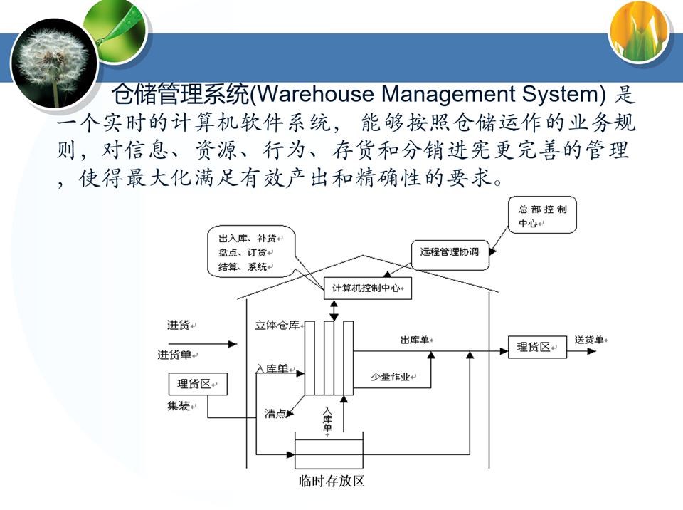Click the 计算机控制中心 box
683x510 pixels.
[368, 288]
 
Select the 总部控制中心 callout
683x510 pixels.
[543, 216]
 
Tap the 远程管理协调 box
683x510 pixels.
[450, 253]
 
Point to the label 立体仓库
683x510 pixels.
[277, 326]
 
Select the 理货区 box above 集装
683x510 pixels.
[197, 384]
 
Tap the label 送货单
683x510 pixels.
[588, 340]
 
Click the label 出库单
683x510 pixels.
[414, 340]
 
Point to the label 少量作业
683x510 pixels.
[391, 377]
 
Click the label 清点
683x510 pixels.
[275, 413]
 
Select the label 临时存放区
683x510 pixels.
[332, 482]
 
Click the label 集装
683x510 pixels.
[179, 407]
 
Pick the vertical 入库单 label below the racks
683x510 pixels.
[327, 420]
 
